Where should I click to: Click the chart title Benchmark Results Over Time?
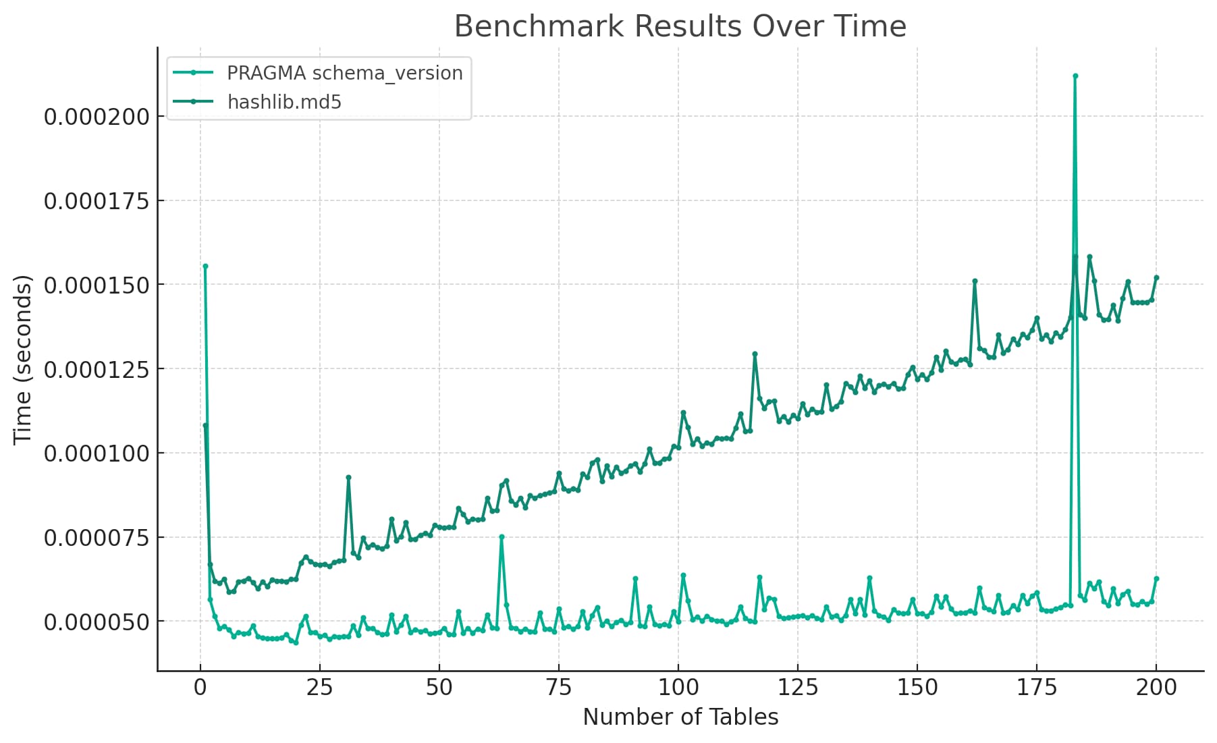pyautogui.click(x=680, y=26)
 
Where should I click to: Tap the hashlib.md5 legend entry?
pyautogui.click(x=284, y=102)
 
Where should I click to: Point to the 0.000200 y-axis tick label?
pyautogui.click(x=96, y=117)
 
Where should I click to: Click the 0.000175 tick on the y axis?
pyautogui.click(x=96, y=201)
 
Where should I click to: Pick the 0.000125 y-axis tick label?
pyautogui.click(x=96, y=369)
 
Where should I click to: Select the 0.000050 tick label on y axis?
pyautogui.click(x=96, y=622)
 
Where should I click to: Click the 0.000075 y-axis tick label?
pyautogui.click(x=96, y=538)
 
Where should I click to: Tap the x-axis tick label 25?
pyautogui.click(x=319, y=688)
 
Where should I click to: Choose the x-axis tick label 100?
pyautogui.click(x=678, y=688)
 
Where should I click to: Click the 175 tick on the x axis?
pyautogui.click(x=1036, y=688)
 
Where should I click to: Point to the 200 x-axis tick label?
pyautogui.click(x=1156, y=688)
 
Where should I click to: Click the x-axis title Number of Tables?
pyautogui.click(x=680, y=717)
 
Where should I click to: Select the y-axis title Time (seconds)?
pyautogui.click(x=22, y=359)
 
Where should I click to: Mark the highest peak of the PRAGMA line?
pyautogui.click(x=1075, y=76)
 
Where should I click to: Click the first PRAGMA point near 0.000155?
pyautogui.click(x=205, y=266)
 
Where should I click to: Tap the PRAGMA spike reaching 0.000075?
pyautogui.click(x=502, y=536)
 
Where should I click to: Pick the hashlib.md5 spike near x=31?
pyautogui.click(x=348, y=477)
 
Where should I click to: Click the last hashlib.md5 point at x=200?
pyautogui.click(x=1156, y=277)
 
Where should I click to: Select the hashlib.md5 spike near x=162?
pyautogui.click(x=975, y=281)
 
